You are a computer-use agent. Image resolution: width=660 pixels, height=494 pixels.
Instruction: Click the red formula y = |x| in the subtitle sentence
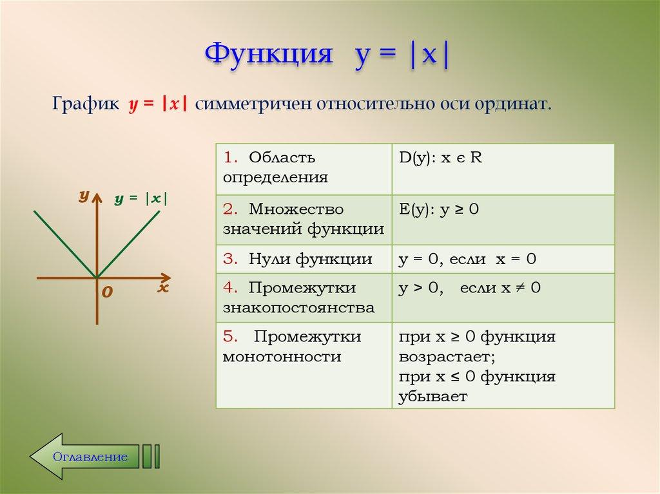[158, 105]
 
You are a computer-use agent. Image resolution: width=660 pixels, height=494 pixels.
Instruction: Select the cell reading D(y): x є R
[503, 168]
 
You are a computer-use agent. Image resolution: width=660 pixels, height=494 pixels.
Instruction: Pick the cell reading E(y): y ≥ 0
[503, 220]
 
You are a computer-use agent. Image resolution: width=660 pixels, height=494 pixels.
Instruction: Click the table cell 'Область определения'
[303, 168]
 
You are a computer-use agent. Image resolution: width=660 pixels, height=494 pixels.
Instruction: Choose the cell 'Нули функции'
[303, 260]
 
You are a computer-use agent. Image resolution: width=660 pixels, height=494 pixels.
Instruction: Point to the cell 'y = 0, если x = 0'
[503, 260]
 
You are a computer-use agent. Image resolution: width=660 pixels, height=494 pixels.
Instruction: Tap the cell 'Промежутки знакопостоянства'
[303, 298]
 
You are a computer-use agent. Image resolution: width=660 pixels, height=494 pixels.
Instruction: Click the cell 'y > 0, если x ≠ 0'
[503, 298]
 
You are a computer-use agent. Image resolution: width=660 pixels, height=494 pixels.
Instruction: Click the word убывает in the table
[432, 397]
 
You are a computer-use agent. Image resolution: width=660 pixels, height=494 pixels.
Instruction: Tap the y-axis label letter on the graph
[83, 196]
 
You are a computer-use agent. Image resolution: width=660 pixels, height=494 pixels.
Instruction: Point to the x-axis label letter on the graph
[162, 288]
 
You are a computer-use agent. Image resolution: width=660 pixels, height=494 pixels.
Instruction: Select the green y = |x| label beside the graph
[141, 199]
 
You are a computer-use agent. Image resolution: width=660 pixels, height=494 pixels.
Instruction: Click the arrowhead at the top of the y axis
[97, 197]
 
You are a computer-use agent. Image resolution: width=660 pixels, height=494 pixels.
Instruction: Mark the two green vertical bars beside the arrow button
[151, 456]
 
